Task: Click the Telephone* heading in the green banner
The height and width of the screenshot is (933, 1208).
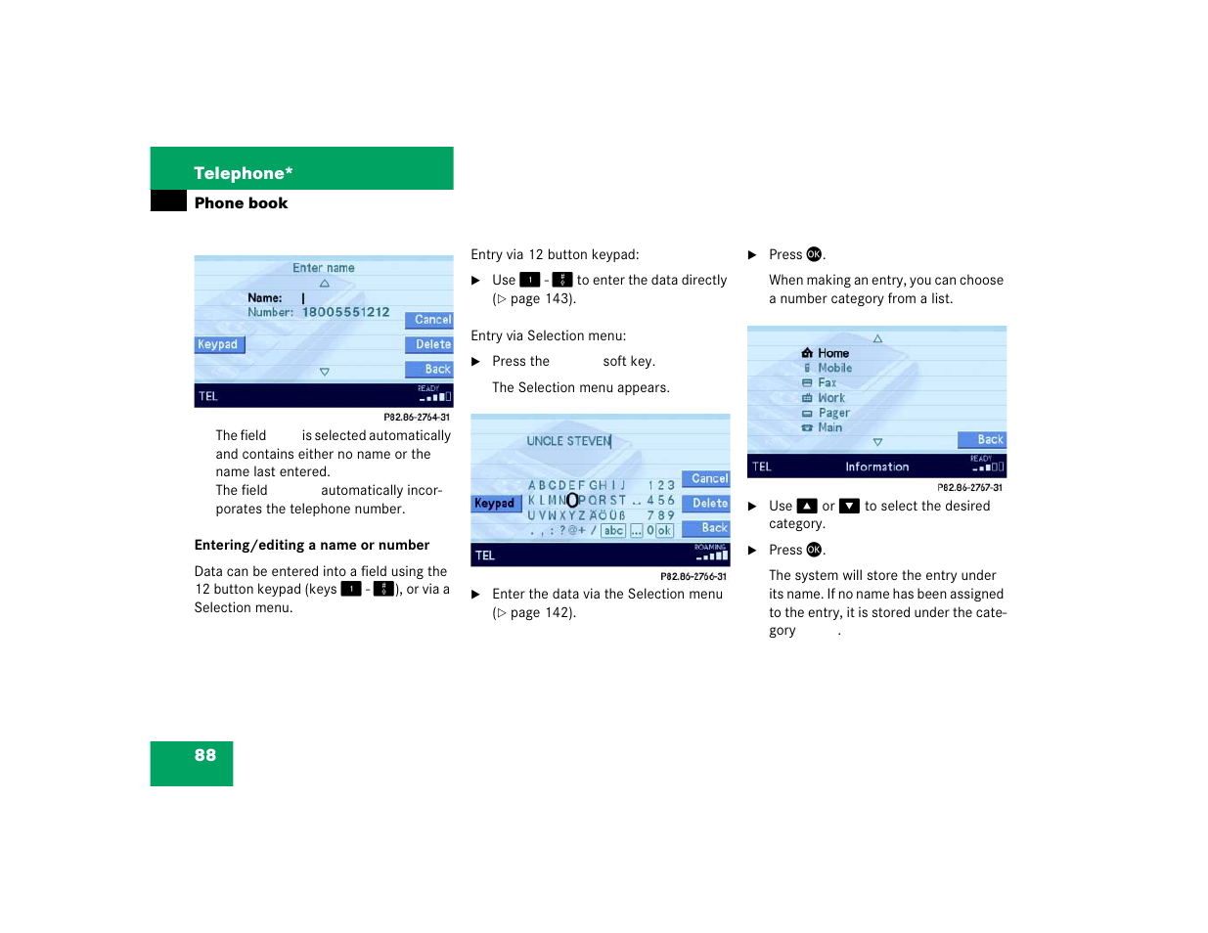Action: click(243, 173)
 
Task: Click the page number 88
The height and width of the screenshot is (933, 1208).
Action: click(205, 755)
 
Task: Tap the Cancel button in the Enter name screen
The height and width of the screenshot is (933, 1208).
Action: click(430, 320)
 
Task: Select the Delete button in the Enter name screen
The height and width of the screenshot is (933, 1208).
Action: click(430, 344)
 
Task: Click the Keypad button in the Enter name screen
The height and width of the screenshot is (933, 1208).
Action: click(218, 344)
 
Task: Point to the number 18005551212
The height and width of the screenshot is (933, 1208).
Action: click(345, 312)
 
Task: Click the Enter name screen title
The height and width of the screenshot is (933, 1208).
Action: click(324, 268)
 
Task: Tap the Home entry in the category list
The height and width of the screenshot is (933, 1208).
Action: click(832, 353)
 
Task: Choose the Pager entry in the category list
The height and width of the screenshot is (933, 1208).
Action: click(833, 413)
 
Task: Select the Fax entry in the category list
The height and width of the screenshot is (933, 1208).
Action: click(827, 383)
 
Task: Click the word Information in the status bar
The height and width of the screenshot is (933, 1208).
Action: click(876, 467)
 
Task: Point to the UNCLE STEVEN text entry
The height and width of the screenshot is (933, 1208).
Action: click(568, 441)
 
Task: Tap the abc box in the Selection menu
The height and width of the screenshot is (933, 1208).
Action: click(613, 531)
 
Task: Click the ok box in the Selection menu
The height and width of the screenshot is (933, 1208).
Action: click(664, 531)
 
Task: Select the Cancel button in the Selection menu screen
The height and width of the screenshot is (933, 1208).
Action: click(707, 479)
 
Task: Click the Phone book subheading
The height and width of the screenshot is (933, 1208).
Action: click(241, 203)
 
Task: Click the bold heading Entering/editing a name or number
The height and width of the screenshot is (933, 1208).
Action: click(312, 546)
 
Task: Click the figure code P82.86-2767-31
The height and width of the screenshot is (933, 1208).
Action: click(969, 487)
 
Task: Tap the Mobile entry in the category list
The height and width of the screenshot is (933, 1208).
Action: click(834, 369)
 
